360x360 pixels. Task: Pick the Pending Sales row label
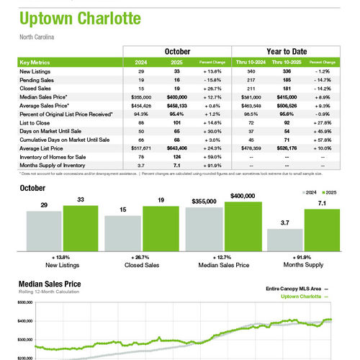tap(37, 80)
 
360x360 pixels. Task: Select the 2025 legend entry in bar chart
tap(329, 194)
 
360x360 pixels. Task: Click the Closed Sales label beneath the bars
tap(142, 265)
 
